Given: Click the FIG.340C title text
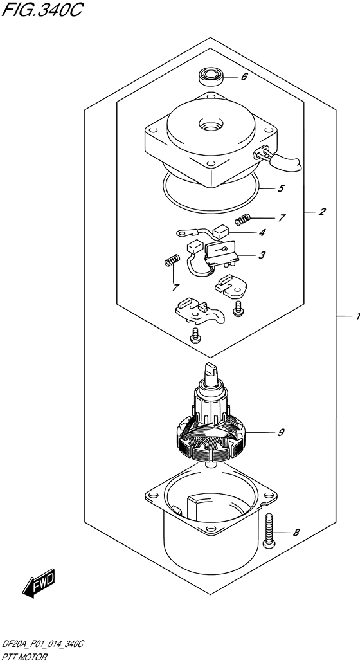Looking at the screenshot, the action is tap(42, 10).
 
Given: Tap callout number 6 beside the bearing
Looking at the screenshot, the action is tap(244, 77).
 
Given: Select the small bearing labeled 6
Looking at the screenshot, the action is tap(210, 77).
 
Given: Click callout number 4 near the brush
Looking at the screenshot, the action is tap(263, 232).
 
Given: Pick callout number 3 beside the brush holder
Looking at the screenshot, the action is tap(262, 255).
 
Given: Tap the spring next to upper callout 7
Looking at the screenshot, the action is tap(243, 220).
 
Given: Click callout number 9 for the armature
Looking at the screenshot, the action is tap(281, 433).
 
